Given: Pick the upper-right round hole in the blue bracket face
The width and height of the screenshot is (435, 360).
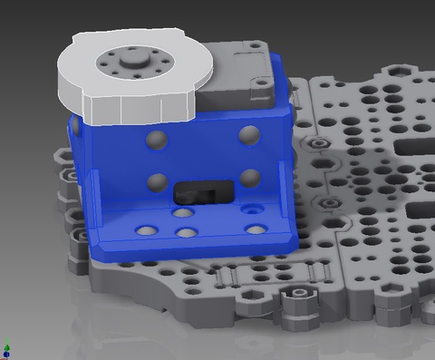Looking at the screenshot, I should click(x=247, y=135).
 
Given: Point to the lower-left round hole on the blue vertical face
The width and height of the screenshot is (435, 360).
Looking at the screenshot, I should click(x=159, y=180).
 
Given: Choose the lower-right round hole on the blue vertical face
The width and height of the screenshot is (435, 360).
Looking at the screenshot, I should click(x=248, y=176).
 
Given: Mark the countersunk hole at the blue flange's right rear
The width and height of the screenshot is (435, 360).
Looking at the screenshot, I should click(x=256, y=208).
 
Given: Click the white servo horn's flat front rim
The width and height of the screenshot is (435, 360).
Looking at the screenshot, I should click(x=136, y=108).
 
